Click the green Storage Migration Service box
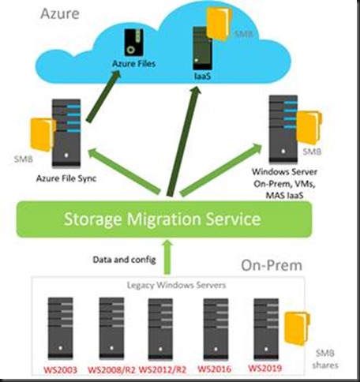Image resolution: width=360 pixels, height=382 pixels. pyautogui.click(x=164, y=219)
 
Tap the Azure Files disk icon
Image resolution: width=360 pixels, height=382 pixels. pyautogui.click(x=134, y=42)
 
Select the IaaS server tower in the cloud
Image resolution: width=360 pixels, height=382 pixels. pyautogui.click(x=202, y=48)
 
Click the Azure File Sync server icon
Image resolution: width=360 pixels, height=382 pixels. pyautogui.click(x=66, y=133)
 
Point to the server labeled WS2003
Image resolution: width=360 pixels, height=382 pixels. pyautogui.click(x=60, y=328)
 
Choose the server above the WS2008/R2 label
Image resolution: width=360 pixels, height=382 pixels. pyautogui.click(x=111, y=328)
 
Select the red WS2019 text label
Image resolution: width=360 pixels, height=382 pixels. pyautogui.click(x=265, y=368)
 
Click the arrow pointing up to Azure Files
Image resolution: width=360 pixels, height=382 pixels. pyautogui.click(x=103, y=96)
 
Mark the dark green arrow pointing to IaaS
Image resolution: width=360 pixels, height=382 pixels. pyautogui.click(x=183, y=141)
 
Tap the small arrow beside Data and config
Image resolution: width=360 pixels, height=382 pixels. pyautogui.click(x=167, y=257)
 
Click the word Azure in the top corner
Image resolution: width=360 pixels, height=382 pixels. pyautogui.click(x=60, y=13)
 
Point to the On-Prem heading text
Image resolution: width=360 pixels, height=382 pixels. pyautogui.click(x=272, y=265)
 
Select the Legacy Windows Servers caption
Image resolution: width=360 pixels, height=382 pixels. pyautogui.click(x=176, y=285)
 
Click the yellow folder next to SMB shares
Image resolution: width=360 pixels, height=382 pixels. pyautogui.click(x=297, y=328)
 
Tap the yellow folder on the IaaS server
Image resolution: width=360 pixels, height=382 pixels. pyautogui.click(x=219, y=24)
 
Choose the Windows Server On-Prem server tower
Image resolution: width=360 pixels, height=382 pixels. pyautogui.click(x=283, y=129)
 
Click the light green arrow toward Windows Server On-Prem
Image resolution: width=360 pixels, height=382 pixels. pyautogui.click(x=220, y=170)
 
